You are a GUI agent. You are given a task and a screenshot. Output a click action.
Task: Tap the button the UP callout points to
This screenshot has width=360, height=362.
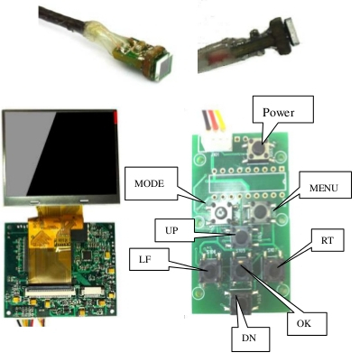click(242, 237)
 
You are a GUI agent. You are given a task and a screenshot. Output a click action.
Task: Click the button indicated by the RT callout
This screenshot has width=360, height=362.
click(274, 270)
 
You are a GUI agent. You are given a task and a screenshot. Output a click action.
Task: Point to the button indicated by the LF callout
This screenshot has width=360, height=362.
click(209, 270)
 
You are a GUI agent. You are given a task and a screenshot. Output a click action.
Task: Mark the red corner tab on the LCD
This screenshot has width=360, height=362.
click(115, 116)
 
